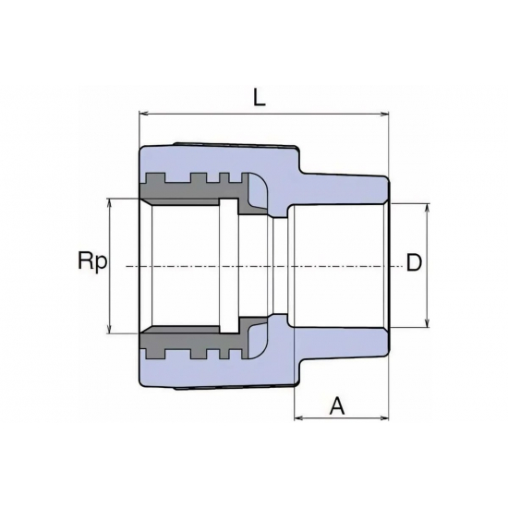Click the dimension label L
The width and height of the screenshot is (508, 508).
click(x=260, y=97)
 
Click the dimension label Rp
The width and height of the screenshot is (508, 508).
click(x=92, y=261)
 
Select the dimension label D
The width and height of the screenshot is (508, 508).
click(x=414, y=262)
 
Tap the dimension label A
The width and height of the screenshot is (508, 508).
click(x=337, y=406)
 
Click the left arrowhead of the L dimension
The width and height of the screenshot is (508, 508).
click(x=143, y=114)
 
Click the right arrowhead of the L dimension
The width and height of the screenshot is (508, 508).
click(x=384, y=114)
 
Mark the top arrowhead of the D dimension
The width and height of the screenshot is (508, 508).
click(x=428, y=208)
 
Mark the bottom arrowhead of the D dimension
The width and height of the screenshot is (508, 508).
click(x=428, y=323)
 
